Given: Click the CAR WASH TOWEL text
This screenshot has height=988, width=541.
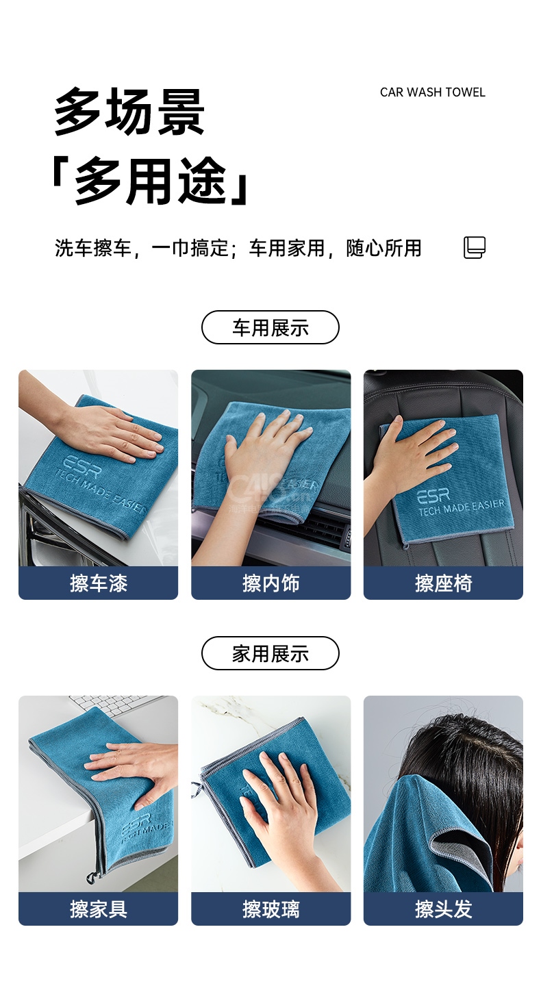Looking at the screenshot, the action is tap(432, 92).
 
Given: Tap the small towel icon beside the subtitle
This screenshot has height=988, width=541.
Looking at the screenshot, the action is tap(475, 247).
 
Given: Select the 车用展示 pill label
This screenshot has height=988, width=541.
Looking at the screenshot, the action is tap(270, 328).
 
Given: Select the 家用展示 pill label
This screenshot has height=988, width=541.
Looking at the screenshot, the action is tap(270, 653).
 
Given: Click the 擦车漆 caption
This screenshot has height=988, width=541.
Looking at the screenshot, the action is tap(99, 583).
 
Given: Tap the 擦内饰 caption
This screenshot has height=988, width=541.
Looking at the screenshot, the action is tap(271, 583).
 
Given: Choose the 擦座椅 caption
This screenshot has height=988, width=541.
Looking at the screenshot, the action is tap(444, 583).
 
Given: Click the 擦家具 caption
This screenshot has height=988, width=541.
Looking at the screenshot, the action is tap(99, 909).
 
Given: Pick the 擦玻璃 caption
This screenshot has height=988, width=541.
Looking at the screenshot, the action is tap(271, 909).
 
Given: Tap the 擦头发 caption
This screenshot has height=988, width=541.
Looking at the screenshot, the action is tap(444, 909).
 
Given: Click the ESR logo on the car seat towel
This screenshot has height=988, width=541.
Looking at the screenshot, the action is tap(433, 496).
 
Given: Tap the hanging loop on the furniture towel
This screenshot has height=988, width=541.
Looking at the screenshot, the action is tap(91, 878).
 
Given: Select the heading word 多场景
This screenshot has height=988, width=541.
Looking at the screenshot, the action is tap(129, 111).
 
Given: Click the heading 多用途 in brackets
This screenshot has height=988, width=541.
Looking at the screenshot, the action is tap(151, 181).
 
